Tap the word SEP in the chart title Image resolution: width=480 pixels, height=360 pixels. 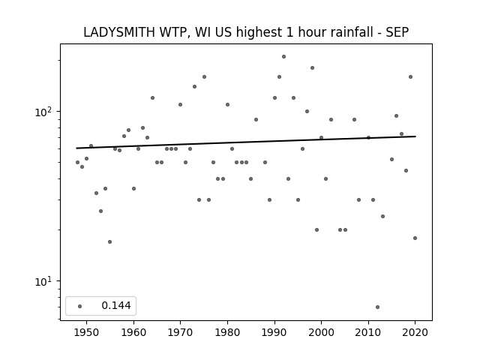tap(397, 32)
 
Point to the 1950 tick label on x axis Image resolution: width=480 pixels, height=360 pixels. tap(87, 332)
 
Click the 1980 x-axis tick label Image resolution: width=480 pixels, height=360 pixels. tap(227, 332)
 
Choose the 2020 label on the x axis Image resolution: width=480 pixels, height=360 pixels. tap(415, 332)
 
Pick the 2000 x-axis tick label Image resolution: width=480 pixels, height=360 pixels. tap(321, 332)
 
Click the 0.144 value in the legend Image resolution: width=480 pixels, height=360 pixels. tap(116, 305)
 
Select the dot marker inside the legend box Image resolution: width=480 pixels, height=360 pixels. tap(80, 306)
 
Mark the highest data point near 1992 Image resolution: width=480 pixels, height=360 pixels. tap(283, 57)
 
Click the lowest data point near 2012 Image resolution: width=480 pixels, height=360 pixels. tap(377, 307)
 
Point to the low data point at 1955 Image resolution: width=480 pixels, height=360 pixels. tap(110, 241)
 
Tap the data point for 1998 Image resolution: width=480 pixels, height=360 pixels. tap(312, 68)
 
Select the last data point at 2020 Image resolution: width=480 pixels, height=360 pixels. tap(415, 238)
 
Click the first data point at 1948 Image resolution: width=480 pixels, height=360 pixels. tap(77, 163)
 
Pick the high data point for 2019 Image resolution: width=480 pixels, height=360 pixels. tap(410, 76)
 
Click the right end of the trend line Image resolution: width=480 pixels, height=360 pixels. tap(415, 136)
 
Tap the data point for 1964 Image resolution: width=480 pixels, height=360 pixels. tap(152, 98)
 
